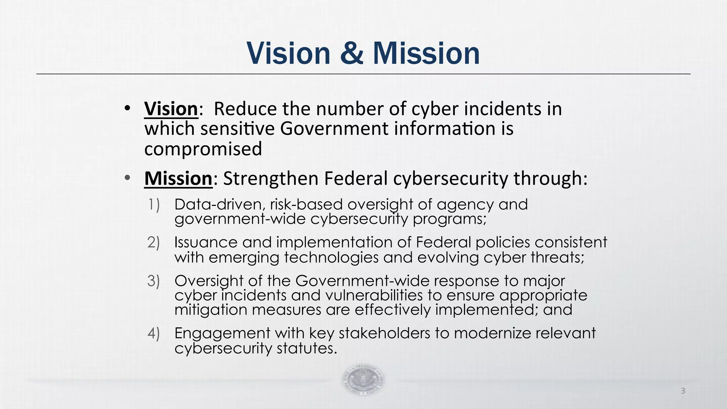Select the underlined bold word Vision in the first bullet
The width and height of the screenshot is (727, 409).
pyautogui.click(x=171, y=108)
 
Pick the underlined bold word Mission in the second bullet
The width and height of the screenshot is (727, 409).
pyautogui.click(x=178, y=178)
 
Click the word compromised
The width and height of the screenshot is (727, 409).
pyautogui.click(x=203, y=149)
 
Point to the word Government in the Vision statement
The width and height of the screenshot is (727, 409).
pyautogui.click(x=334, y=129)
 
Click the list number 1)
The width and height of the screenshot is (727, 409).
pyautogui.click(x=154, y=205)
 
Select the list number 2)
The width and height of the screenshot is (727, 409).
pyautogui.click(x=154, y=242)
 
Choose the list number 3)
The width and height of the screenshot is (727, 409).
pyautogui.click(x=154, y=281)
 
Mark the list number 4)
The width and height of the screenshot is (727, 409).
pyautogui.click(x=154, y=333)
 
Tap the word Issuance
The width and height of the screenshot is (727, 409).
pyautogui.click(x=206, y=242)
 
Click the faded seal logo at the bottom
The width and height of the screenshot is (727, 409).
pyautogui.click(x=363, y=380)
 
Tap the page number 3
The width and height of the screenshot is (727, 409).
pyautogui.click(x=683, y=391)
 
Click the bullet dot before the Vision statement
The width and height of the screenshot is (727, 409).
pyautogui.click(x=127, y=108)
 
